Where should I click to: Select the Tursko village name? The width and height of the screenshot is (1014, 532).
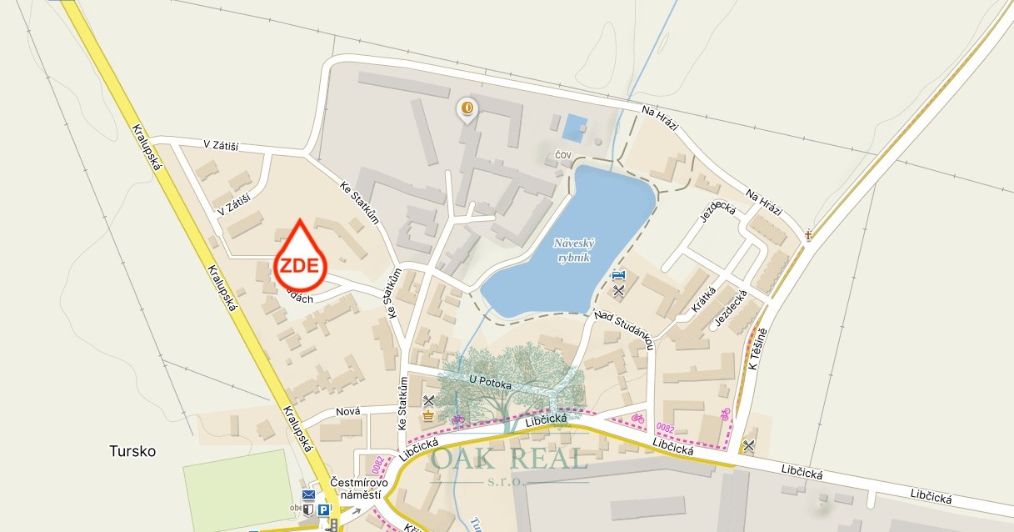coord(132,451)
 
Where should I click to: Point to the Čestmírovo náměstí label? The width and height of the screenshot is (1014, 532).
coord(361,486)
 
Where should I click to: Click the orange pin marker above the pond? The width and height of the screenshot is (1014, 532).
coord(467,108)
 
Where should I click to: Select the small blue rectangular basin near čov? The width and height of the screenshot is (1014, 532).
coord(574,128)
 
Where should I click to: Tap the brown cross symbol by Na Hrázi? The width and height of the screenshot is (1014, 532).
coord(808,235)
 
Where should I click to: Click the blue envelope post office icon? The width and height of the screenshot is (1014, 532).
coord(308,495)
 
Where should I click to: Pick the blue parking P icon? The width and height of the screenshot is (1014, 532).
coord(322,509)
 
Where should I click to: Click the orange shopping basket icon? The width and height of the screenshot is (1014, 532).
coord(429,415)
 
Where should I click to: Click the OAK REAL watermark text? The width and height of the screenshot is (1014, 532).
coord(509,459)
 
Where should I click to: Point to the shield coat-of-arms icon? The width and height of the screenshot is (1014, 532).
coord(308,509)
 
